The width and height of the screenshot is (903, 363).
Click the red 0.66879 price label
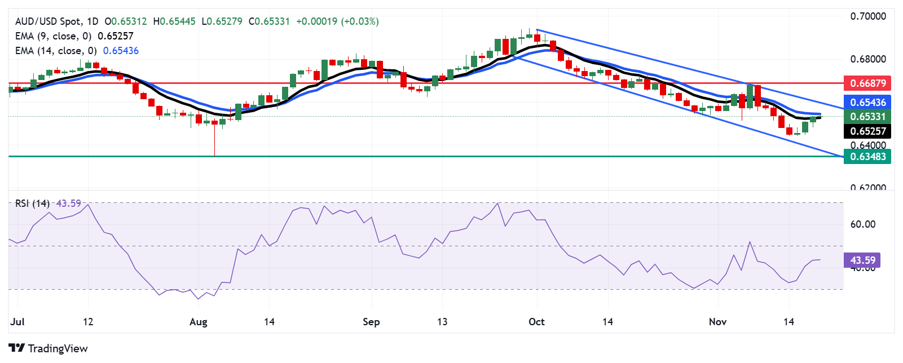(x=867, y=83)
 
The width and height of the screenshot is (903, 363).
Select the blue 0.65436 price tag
(x=867, y=102)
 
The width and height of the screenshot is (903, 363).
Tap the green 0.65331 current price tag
(x=867, y=117)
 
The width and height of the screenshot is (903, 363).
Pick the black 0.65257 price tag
(x=867, y=131)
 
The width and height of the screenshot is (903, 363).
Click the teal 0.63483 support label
(x=867, y=157)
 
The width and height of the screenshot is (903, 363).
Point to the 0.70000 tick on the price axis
(x=868, y=16)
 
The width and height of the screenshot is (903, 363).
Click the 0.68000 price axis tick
(x=868, y=59)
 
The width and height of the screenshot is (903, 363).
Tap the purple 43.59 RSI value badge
(x=862, y=260)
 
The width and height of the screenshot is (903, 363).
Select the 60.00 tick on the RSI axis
(x=862, y=224)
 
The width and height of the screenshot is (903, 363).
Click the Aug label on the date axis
(x=199, y=322)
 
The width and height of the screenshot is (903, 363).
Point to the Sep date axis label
(x=371, y=322)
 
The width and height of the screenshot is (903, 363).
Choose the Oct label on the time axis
(x=536, y=322)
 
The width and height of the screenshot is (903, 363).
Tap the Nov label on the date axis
(x=717, y=322)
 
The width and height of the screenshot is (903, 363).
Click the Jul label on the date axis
(x=17, y=322)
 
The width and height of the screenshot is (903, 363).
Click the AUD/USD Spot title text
(x=48, y=21)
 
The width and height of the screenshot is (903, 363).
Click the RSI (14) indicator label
(x=32, y=203)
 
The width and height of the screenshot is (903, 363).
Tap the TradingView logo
(x=49, y=348)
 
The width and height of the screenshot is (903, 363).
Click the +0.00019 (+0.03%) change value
(x=337, y=21)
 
